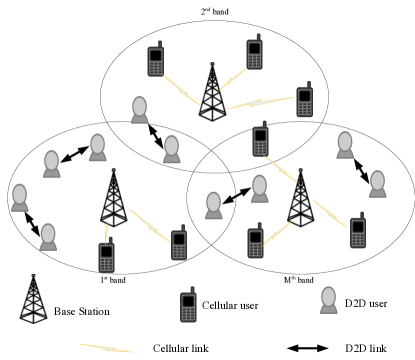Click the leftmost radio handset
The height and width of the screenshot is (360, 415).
[106, 257]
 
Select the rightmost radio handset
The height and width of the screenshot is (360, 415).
[358, 233]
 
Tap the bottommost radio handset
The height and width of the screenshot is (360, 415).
[188, 307]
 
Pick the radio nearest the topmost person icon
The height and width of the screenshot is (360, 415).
[155, 61]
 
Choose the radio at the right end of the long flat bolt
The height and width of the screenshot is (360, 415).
[304, 102]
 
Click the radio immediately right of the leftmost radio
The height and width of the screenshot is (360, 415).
[179, 245]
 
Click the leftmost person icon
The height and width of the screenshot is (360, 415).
[19, 198]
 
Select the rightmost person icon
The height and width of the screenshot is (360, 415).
[377, 184]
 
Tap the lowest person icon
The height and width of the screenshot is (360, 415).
[328, 300]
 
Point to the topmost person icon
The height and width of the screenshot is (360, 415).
[139, 110]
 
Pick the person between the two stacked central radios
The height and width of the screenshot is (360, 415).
[259, 189]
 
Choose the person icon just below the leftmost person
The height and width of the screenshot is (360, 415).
[48, 237]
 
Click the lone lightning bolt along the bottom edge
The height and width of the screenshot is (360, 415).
[106, 348]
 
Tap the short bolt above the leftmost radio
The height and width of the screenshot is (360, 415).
[106, 230]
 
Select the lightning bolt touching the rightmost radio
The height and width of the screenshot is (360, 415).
[329, 213]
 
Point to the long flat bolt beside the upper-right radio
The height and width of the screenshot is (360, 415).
[260, 102]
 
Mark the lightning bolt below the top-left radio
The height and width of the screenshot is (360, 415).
[181, 90]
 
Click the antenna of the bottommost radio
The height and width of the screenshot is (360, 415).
[192, 289]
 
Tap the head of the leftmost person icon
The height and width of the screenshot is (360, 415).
[19, 193]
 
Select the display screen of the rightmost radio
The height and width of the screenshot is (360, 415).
[358, 227]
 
